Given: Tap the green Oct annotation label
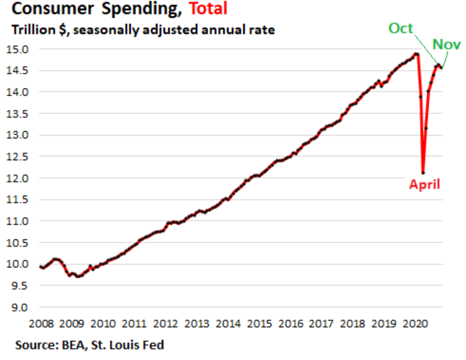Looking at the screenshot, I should point(401,28).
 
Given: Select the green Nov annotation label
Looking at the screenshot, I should point(446,44).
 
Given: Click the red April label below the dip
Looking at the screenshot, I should point(424,185).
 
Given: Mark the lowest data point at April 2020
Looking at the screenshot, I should point(423,173).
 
